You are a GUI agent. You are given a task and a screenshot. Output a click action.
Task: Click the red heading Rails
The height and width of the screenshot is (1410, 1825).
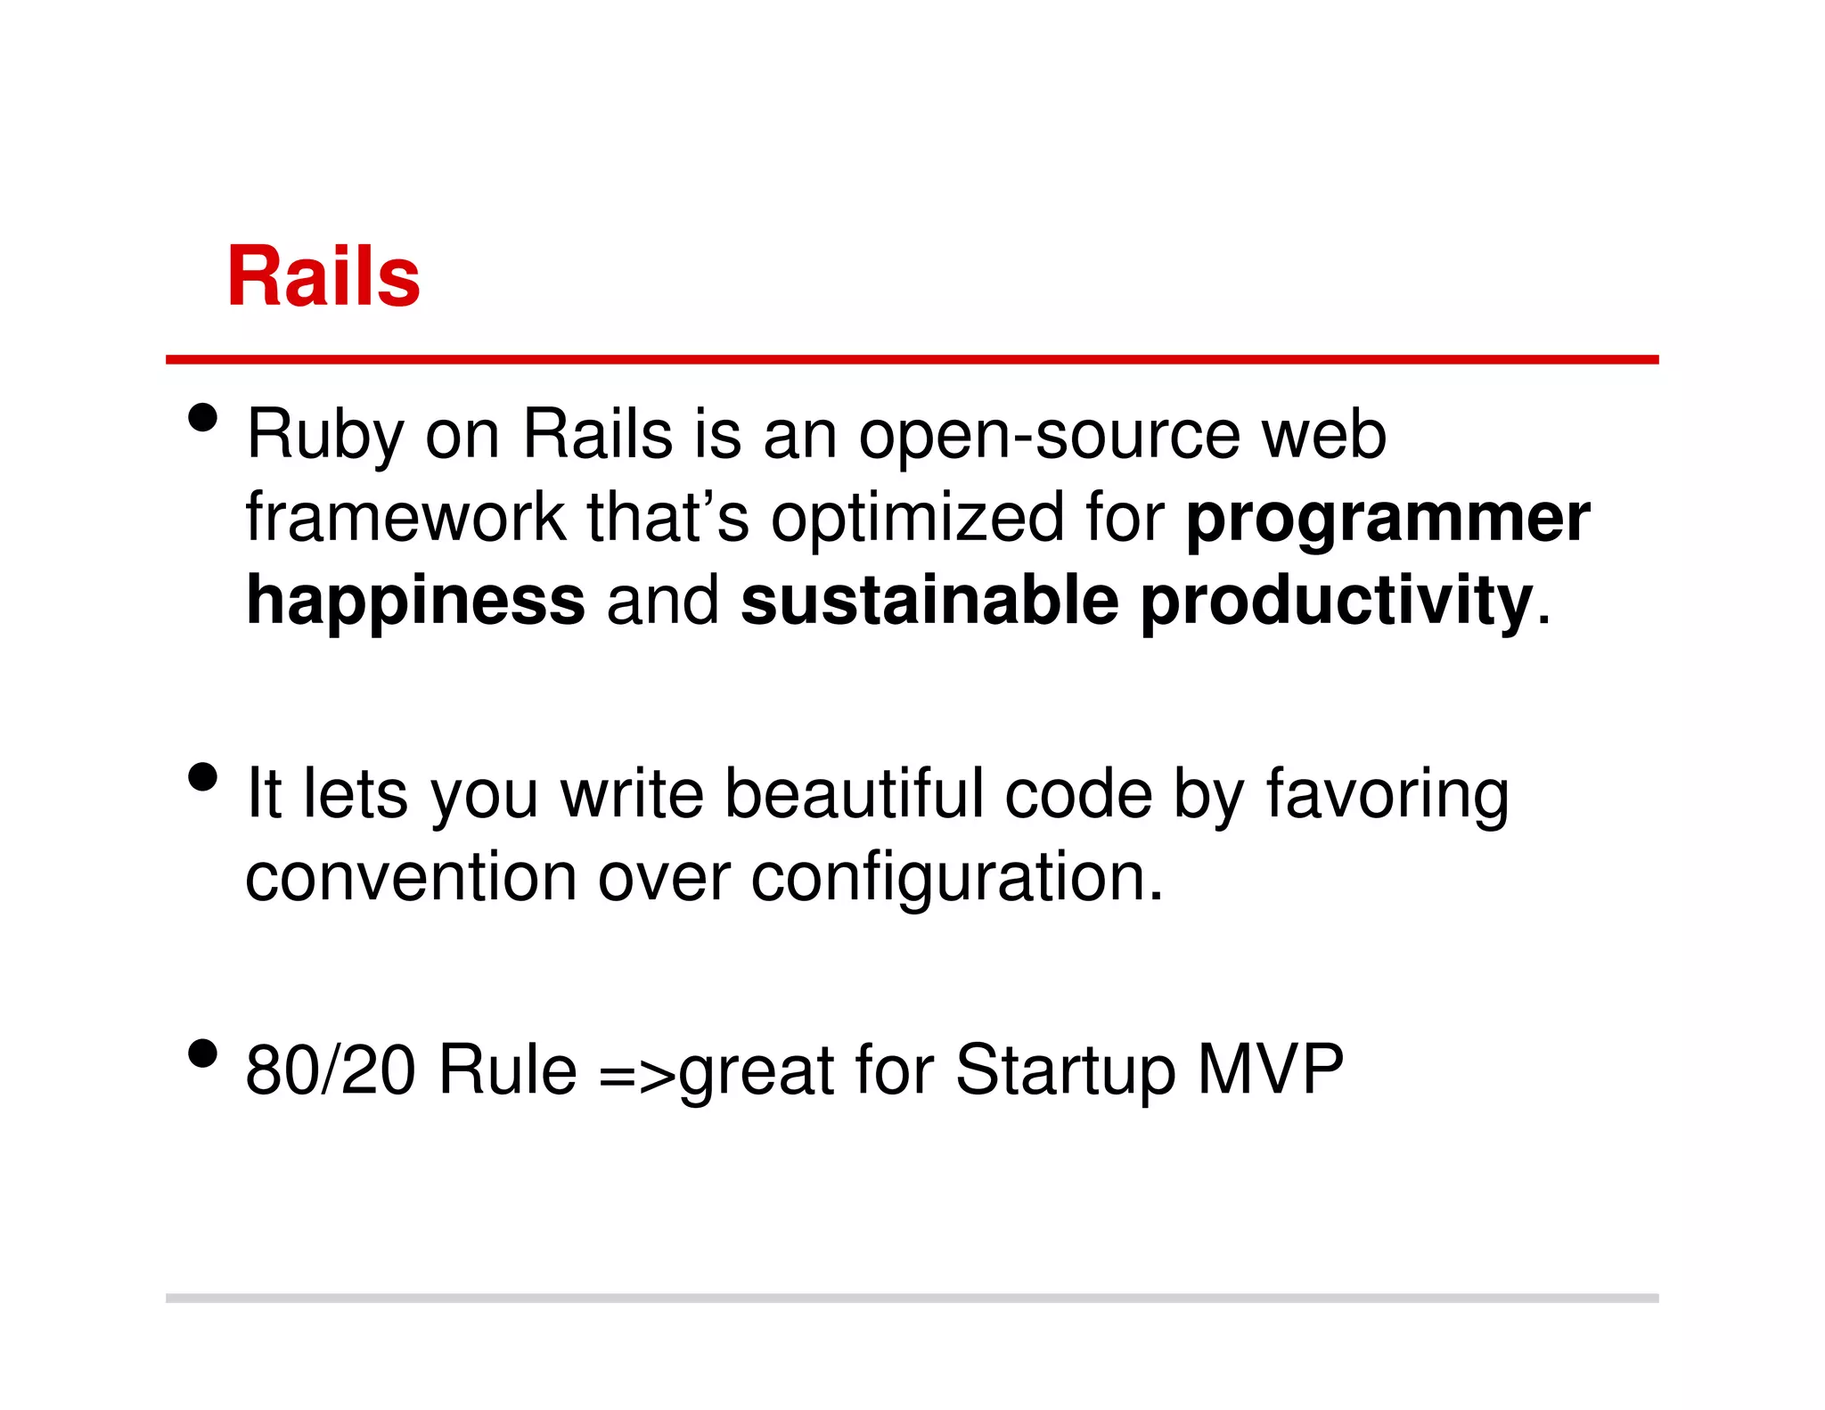(x=323, y=277)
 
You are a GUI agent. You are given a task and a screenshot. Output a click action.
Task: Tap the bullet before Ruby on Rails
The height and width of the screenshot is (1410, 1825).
(x=203, y=417)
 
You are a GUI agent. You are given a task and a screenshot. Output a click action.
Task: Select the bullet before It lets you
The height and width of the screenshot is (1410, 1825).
(x=203, y=776)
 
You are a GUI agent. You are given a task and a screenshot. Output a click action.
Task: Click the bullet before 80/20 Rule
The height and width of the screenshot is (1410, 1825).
(x=203, y=1053)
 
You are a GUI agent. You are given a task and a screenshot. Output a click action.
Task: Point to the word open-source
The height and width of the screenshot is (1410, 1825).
(x=1048, y=436)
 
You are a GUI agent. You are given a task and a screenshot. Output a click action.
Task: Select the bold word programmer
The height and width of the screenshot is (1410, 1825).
(x=1387, y=518)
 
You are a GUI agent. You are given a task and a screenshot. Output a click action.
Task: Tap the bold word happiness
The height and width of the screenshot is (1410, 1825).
(x=415, y=600)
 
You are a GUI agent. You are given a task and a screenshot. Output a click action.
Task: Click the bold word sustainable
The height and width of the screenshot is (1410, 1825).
(x=929, y=600)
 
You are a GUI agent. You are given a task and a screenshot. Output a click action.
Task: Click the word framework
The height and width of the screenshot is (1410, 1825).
(x=405, y=518)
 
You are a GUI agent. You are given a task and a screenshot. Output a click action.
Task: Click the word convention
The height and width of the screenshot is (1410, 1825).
(x=411, y=877)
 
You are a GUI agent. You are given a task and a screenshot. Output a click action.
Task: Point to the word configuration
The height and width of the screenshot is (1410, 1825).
(x=956, y=879)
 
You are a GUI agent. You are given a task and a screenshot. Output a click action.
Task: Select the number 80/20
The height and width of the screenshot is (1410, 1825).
(x=331, y=1070)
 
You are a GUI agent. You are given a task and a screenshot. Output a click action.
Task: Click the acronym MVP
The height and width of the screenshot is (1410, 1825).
(x=1270, y=1069)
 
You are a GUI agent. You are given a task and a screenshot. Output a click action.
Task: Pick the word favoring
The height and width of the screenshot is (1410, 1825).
(x=1387, y=793)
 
